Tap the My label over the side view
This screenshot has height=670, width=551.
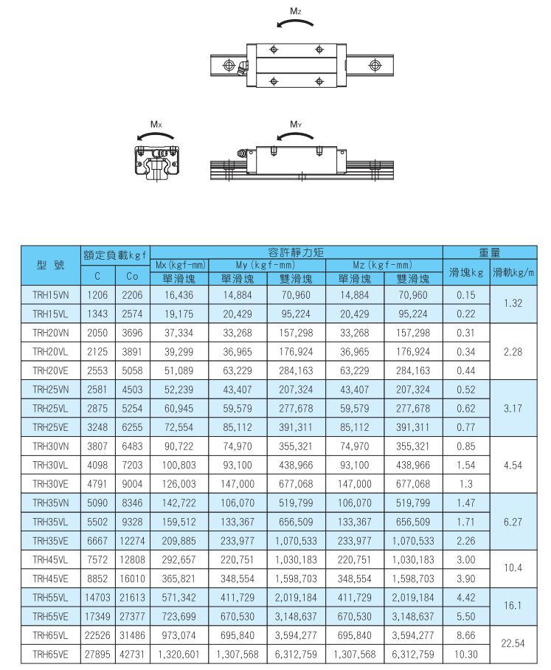[296, 123]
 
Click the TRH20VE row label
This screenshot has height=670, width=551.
[51, 370]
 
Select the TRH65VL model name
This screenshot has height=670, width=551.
[51, 635]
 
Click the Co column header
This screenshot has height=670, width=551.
[132, 277]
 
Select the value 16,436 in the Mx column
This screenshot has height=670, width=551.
[179, 294]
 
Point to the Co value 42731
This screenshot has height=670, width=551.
[132, 654]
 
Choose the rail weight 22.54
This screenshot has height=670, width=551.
[512, 643]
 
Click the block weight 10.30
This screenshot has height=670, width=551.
[466, 654]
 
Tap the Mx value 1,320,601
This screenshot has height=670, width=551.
[179, 654]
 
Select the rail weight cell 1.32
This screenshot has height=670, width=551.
[512, 304]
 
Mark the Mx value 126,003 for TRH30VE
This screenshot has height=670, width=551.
[179, 483]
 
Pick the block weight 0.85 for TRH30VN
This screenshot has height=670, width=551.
[466, 446]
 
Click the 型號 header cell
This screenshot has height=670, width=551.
[51, 264]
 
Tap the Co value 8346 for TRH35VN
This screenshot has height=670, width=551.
[132, 502]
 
